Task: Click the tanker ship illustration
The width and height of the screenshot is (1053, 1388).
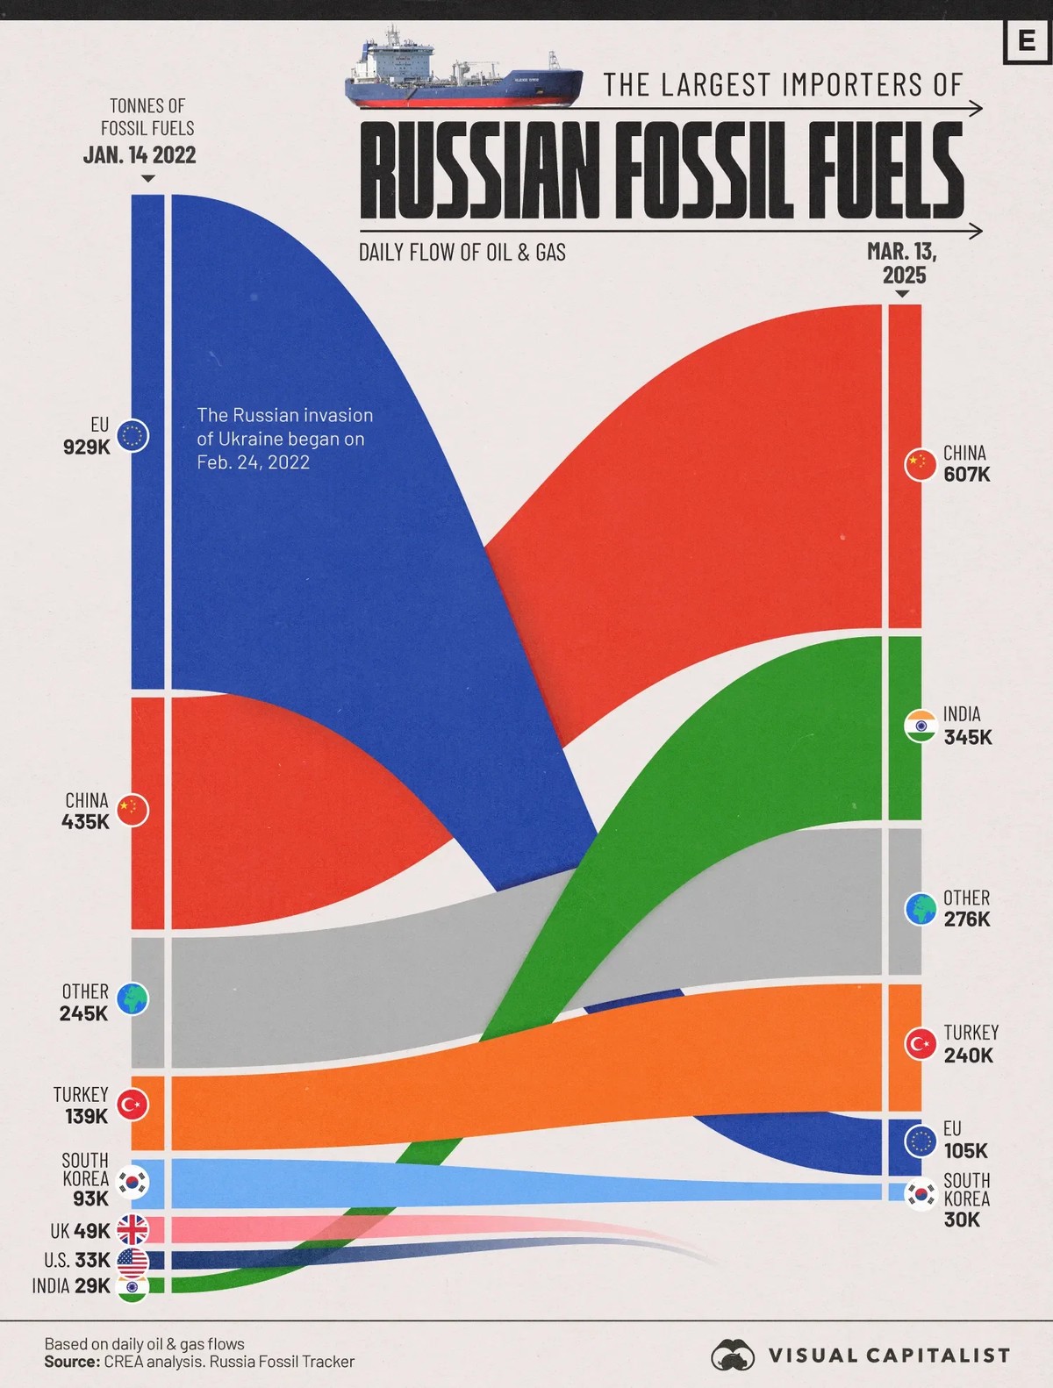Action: tap(462, 72)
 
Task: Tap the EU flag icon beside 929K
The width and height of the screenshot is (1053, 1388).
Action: tap(133, 435)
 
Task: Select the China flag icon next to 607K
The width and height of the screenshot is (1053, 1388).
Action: tap(920, 463)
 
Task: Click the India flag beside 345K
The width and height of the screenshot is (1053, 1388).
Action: tap(920, 726)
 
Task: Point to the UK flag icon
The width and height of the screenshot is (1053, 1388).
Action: tap(133, 1230)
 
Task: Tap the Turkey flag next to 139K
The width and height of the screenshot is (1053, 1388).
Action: tap(133, 1105)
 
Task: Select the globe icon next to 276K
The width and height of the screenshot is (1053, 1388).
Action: tap(920, 909)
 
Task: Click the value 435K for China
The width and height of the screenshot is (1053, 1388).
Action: tap(86, 822)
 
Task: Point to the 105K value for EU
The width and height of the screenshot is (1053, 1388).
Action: tap(965, 1150)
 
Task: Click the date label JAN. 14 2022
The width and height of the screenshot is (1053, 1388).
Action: tap(140, 155)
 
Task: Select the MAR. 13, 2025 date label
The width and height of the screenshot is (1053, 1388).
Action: tap(903, 263)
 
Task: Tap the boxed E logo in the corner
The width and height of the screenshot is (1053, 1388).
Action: tap(1027, 40)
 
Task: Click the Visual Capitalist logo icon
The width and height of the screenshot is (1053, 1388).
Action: tap(733, 1356)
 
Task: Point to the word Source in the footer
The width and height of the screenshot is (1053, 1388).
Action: tap(72, 1362)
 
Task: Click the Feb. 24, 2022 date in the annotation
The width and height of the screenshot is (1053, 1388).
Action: tap(253, 462)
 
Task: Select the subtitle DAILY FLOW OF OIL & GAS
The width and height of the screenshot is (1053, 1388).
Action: tap(462, 253)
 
